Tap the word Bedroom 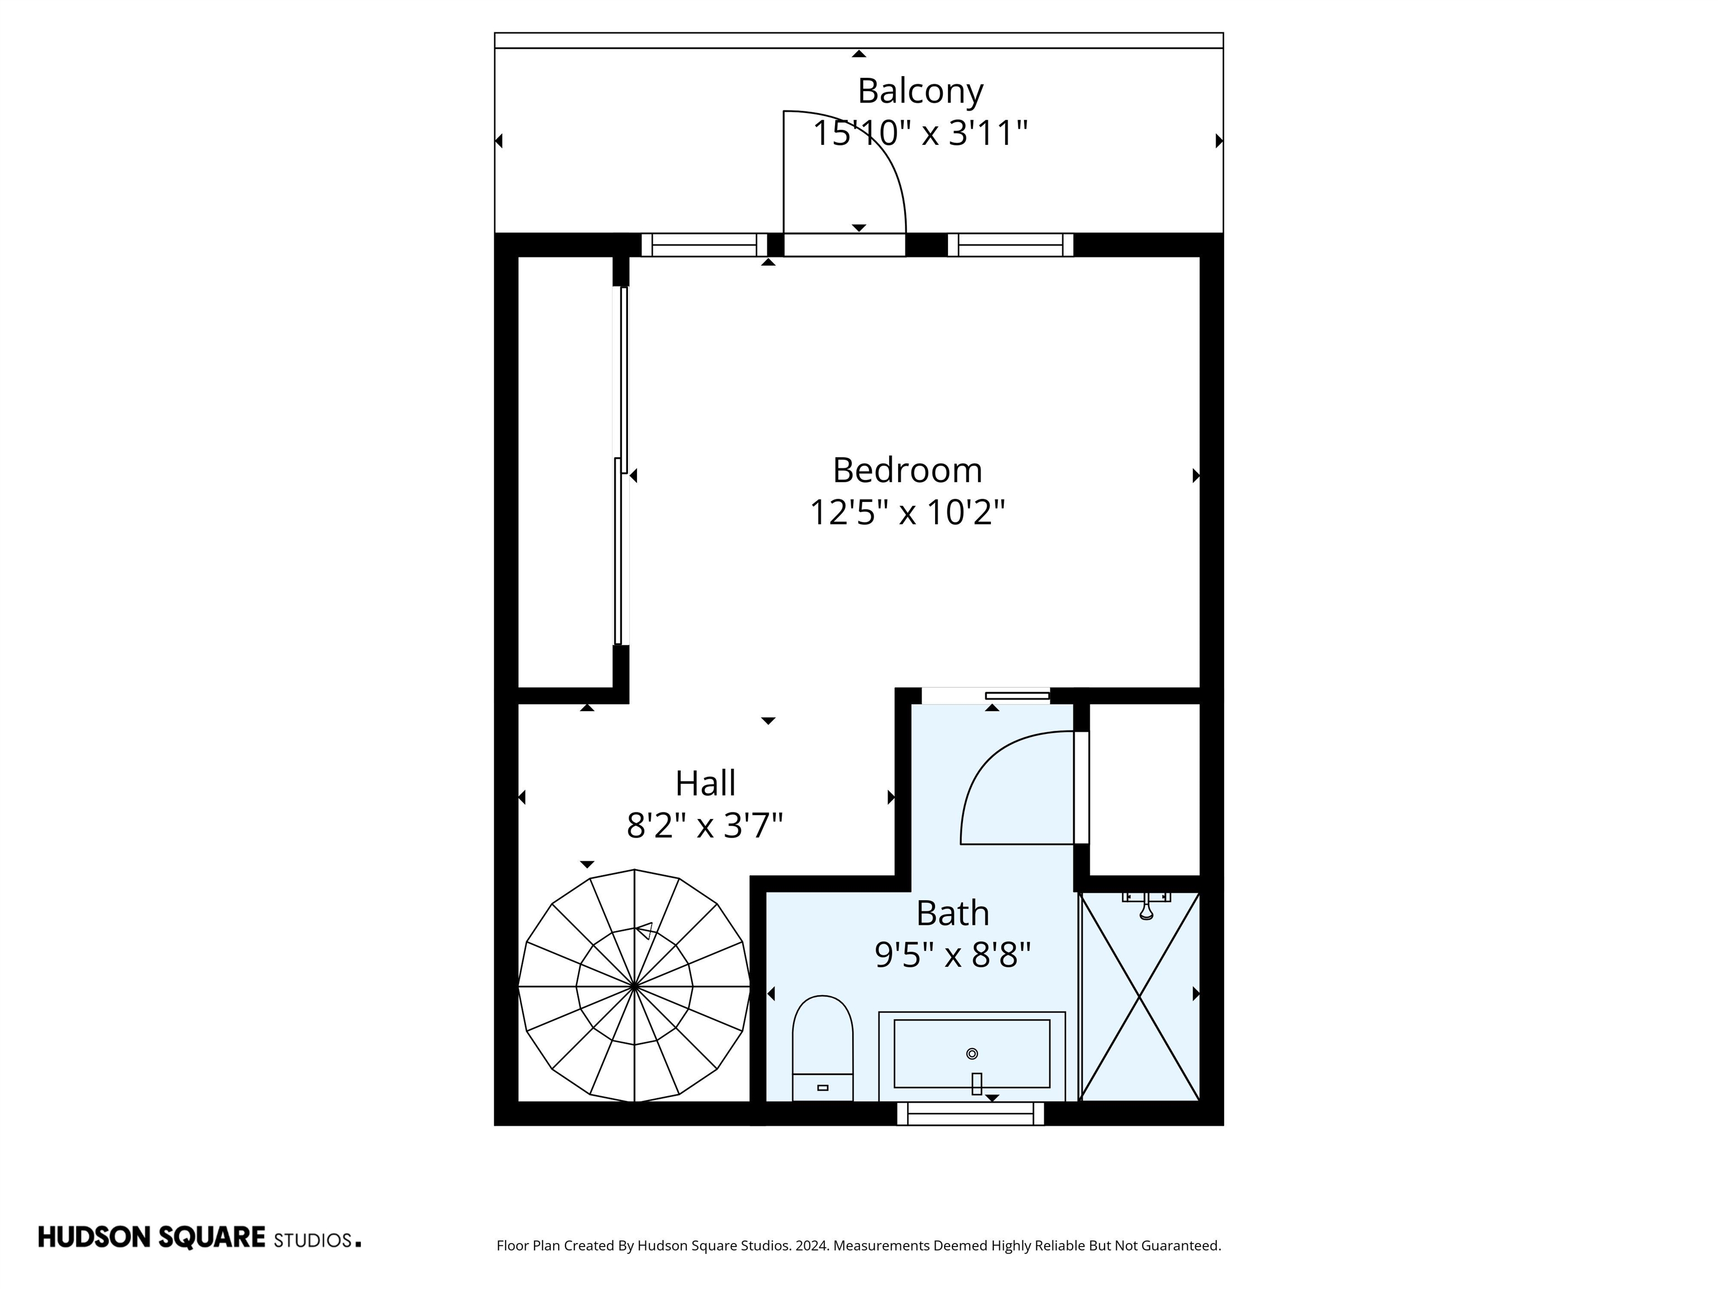tap(907, 470)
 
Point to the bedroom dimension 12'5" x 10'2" tap(907, 513)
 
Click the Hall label tap(705, 783)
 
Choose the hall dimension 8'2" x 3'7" tap(705, 825)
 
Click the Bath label tap(952, 913)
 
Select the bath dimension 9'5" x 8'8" tap(952, 955)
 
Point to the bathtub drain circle tap(971, 1053)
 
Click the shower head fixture tap(1145, 907)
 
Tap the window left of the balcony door tap(704, 244)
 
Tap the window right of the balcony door tap(1009, 244)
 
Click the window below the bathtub tap(971, 1113)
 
